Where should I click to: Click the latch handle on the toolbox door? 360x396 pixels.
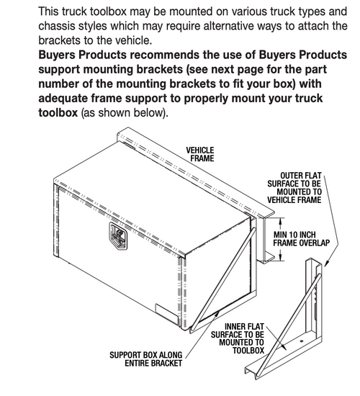[119, 236]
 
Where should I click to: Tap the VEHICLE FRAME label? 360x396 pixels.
[200, 154]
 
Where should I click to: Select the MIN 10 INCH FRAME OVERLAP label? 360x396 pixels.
[302, 238]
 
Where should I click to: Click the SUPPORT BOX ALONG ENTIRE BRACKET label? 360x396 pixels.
[145, 359]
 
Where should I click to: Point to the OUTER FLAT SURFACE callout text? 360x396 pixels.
[294, 188]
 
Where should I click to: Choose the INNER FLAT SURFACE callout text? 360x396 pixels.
[238, 338]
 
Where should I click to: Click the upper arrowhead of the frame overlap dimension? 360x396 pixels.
[280, 221]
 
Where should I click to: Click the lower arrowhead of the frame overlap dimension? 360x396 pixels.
[280, 258]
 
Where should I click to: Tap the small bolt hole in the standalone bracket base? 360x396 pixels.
[301, 341]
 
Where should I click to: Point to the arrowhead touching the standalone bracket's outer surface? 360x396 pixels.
[326, 264]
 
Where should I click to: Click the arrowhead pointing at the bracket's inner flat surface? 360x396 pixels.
[284, 347]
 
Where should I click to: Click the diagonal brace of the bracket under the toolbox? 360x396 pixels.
[222, 279]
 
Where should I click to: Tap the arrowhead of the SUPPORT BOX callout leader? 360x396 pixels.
[217, 314]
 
